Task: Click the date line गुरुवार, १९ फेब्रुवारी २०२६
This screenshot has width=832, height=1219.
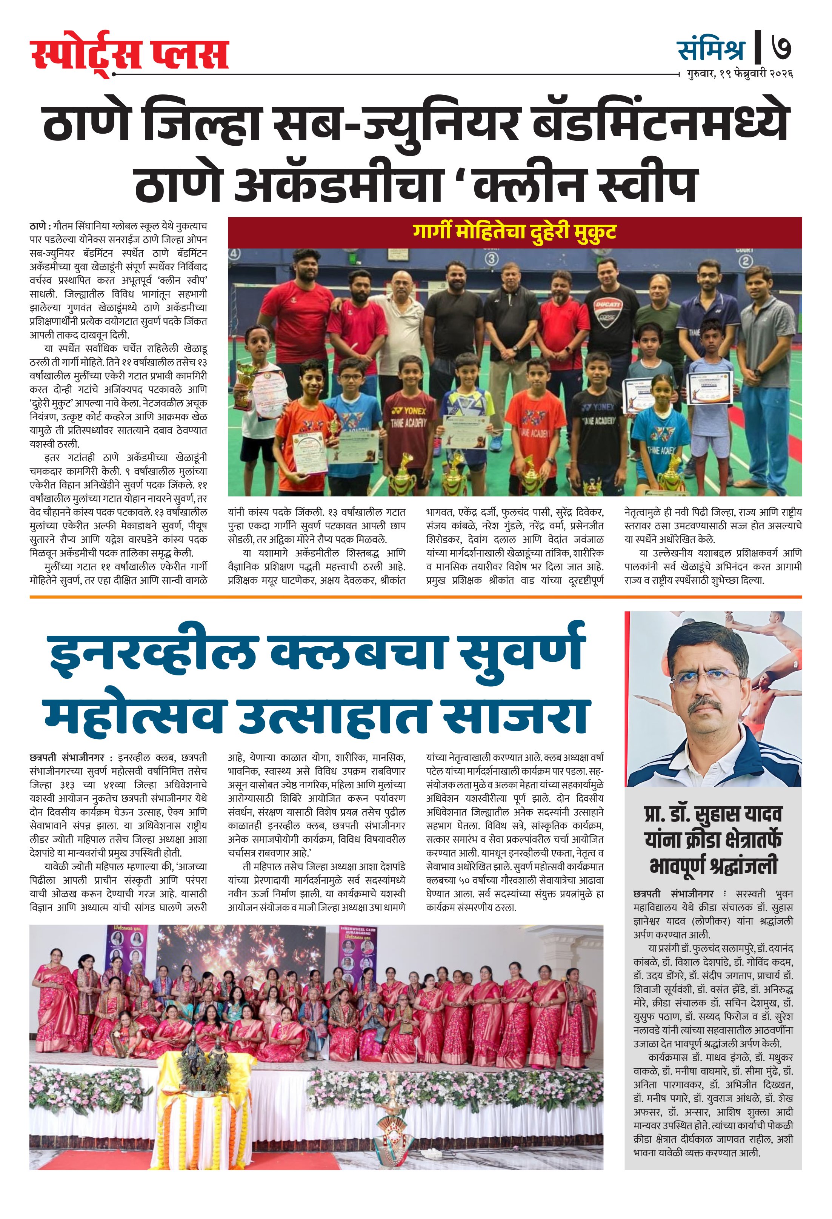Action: (739, 74)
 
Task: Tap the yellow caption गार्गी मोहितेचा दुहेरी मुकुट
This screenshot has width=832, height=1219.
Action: (514, 231)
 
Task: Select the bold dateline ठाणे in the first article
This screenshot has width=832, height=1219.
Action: (38, 226)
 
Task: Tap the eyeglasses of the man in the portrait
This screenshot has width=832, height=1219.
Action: (713, 678)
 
